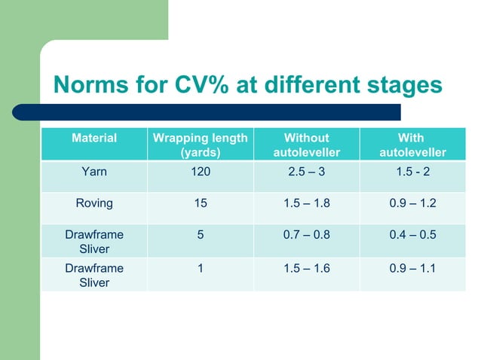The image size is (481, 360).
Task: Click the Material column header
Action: point(94,139)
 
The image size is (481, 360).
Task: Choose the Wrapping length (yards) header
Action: point(200,145)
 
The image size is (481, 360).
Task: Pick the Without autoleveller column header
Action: point(306,145)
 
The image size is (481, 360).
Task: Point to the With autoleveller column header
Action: point(411,145)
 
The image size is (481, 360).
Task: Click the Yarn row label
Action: point(94,172)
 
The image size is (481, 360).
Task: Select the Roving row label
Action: point(94,203)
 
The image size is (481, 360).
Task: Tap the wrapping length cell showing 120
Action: point(200,172)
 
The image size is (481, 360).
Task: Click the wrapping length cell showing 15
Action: point(200,203)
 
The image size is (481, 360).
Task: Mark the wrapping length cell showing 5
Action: point(200,234)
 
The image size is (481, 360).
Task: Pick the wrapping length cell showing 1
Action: point(200,267)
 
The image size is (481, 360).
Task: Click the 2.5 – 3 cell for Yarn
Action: point(306,172)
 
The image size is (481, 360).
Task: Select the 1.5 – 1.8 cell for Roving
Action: point(306,203)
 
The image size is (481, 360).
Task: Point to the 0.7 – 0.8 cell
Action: point(306,234)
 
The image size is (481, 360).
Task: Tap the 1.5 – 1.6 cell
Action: point(306,267)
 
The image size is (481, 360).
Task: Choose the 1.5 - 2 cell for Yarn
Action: point(411,172)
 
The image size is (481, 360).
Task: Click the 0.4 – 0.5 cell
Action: point(411,234)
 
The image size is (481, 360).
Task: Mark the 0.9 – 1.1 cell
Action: point(411,267)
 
